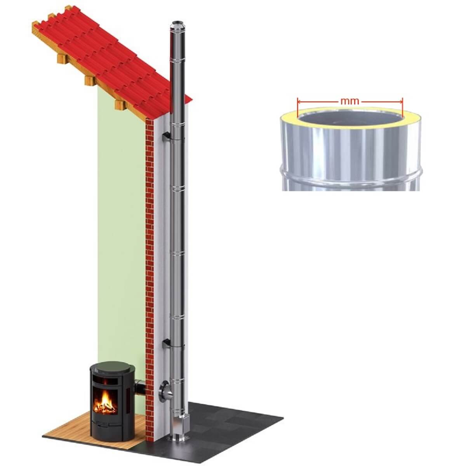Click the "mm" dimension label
349,101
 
